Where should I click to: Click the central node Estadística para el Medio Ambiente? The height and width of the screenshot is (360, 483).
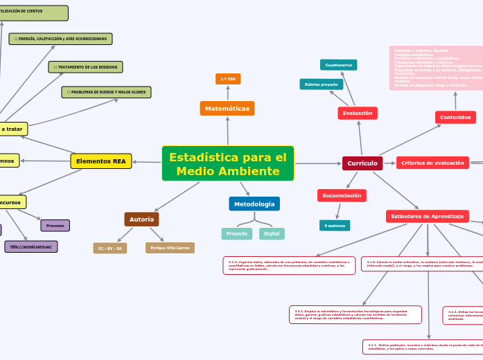point(227,163)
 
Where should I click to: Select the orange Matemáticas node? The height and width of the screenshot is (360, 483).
point(227,109)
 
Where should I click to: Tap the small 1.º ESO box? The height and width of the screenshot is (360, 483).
point(228,79)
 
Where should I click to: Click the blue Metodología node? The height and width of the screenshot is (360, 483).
point(254,204)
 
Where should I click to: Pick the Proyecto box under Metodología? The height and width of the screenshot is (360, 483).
point(237,234)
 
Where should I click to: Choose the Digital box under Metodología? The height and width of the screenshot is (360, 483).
point(272,234)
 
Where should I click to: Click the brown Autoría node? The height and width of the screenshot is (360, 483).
point(141,219)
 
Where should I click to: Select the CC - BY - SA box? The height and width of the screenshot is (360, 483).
point(110,248)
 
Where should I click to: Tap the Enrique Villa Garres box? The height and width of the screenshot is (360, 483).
point(170,248)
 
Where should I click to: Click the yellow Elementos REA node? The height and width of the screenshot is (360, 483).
point(101,161)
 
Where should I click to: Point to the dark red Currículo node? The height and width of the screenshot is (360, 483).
point(362,163)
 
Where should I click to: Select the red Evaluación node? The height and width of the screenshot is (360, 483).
point(358,113)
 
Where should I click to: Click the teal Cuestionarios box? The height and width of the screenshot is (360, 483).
point(338,65)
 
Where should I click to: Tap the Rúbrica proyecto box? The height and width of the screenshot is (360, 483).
point(322,84)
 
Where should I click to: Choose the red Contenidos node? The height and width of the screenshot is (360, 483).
point(455,118)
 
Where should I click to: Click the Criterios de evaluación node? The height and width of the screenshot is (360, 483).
point(433,163)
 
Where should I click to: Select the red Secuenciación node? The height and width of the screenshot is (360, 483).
point(342,196)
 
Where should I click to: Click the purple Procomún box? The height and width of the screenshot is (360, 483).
point(55,226)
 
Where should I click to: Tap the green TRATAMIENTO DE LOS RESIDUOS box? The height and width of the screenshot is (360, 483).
point(85,67)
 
